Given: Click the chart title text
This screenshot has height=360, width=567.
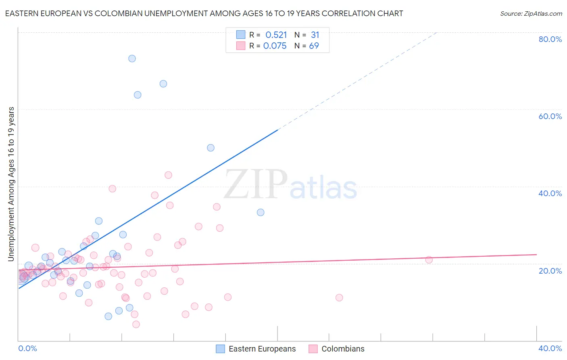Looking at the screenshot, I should click(x=204, y=13).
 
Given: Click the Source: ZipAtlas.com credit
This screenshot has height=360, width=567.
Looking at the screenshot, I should click(x=531, y=13).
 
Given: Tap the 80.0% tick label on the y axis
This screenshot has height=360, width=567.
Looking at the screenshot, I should click(x=550, y=39).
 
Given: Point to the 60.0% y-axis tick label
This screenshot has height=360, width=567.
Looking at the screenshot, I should click(x=550, y=116).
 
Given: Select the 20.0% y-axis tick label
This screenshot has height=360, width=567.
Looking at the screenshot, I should click(x=550, y=271).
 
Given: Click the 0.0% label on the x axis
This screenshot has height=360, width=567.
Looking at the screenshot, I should click(x=27, y=348).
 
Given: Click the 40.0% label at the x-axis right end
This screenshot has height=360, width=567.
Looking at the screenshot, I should click(x=550, y=348).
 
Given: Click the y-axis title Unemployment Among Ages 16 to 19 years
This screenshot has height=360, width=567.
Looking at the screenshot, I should click(x=11, y=184).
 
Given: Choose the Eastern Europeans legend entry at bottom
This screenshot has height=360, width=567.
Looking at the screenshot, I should click(x=262, y=349).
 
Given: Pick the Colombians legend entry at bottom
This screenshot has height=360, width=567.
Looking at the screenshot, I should click(x=342, y=349).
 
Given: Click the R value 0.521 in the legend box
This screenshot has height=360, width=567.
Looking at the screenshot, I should click(x=276, y=35).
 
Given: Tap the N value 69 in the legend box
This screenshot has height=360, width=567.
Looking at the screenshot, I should click(x=314, y=46).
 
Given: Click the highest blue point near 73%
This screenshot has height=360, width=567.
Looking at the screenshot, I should click(x=132, y=59).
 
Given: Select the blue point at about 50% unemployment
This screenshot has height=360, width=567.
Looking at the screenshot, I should click(x=211, y=148).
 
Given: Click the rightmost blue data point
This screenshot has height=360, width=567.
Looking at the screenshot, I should click(x=261, y=212).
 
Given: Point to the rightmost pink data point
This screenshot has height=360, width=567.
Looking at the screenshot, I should click(x=429, y=260).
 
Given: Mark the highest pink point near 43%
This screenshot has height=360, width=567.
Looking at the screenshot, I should click(x=168, y=175).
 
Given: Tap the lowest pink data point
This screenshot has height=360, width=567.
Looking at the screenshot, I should click(x=136, y=324).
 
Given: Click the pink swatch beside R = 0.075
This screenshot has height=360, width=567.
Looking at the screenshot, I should click(x=241, y=46).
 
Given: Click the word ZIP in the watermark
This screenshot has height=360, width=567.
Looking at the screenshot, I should click(x=255, y=185).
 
